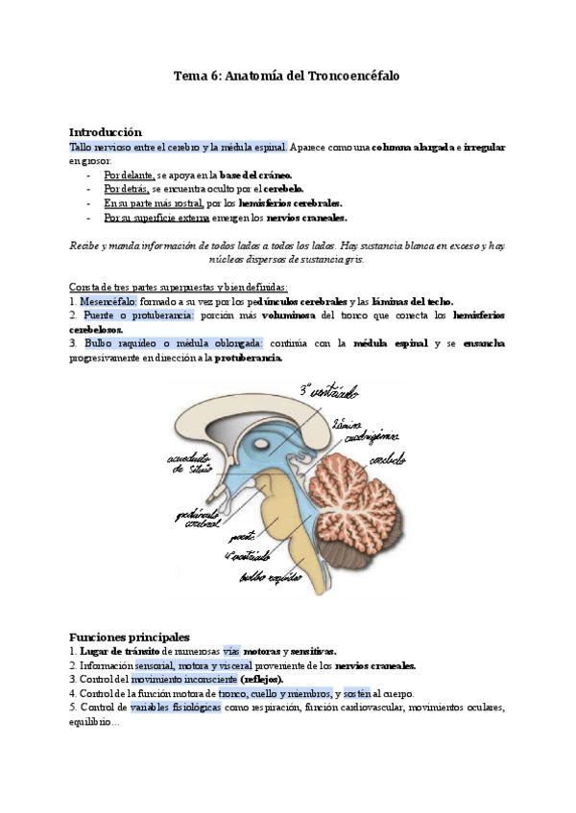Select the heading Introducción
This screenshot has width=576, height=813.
[x=105, y=131]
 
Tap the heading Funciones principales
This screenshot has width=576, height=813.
[x=130, y=637]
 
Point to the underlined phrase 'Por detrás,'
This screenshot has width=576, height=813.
[x=127, y=190]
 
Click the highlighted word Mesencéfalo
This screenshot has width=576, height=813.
[x=110, y=300]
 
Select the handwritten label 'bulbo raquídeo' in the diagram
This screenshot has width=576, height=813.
[x=268, y=576]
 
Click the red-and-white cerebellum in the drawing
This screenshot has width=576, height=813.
[x=360, y=499]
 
